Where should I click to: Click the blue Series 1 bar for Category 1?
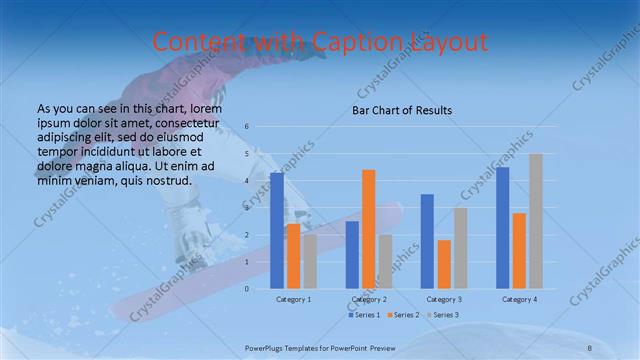click(277, 231)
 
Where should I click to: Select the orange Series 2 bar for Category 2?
click(368, 229)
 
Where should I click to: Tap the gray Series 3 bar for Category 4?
click(535, 221)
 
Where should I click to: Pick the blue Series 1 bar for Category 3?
click(427, 241)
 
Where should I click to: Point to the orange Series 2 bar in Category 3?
click(443, 264)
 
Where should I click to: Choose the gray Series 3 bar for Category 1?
click(310, 261)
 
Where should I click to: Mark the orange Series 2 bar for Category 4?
click(519, 250)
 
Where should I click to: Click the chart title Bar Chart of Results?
click(401, 110)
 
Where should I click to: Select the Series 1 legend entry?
click(364, 315)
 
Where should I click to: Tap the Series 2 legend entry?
click(402, 315)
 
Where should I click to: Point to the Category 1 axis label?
click(294, 299)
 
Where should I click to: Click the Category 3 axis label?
click(443, 299)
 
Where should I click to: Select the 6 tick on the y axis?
click(247, 127)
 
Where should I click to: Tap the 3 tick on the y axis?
click(247, 208)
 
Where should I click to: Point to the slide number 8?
click(590, 346)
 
